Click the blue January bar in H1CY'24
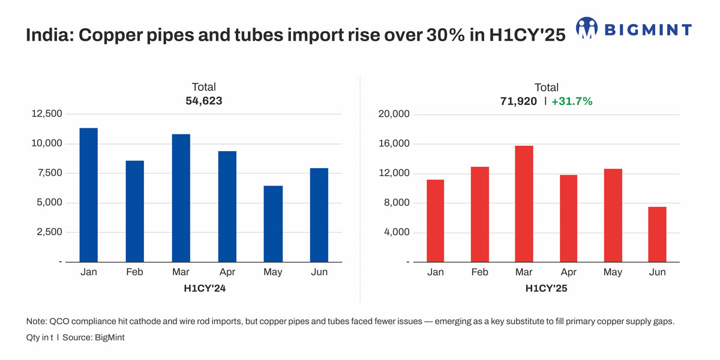tap(89, 195)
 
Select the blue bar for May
tap(273, 224)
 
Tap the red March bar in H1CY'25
tap(524, 204)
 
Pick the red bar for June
tap(657, 235)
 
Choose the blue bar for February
tap(135, 211)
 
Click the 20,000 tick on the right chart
tap(392, 114)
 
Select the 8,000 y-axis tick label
tap(395, 203)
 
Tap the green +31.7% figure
tap(572, 101)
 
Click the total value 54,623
tap(203, 101)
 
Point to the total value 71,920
tap(518, 101)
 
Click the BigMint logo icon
tap(586, 28)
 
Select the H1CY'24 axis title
tap(204, 289)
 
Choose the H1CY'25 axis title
tap(546, 289)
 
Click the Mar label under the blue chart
tap(181, 272)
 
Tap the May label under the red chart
tap(613, 272)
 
